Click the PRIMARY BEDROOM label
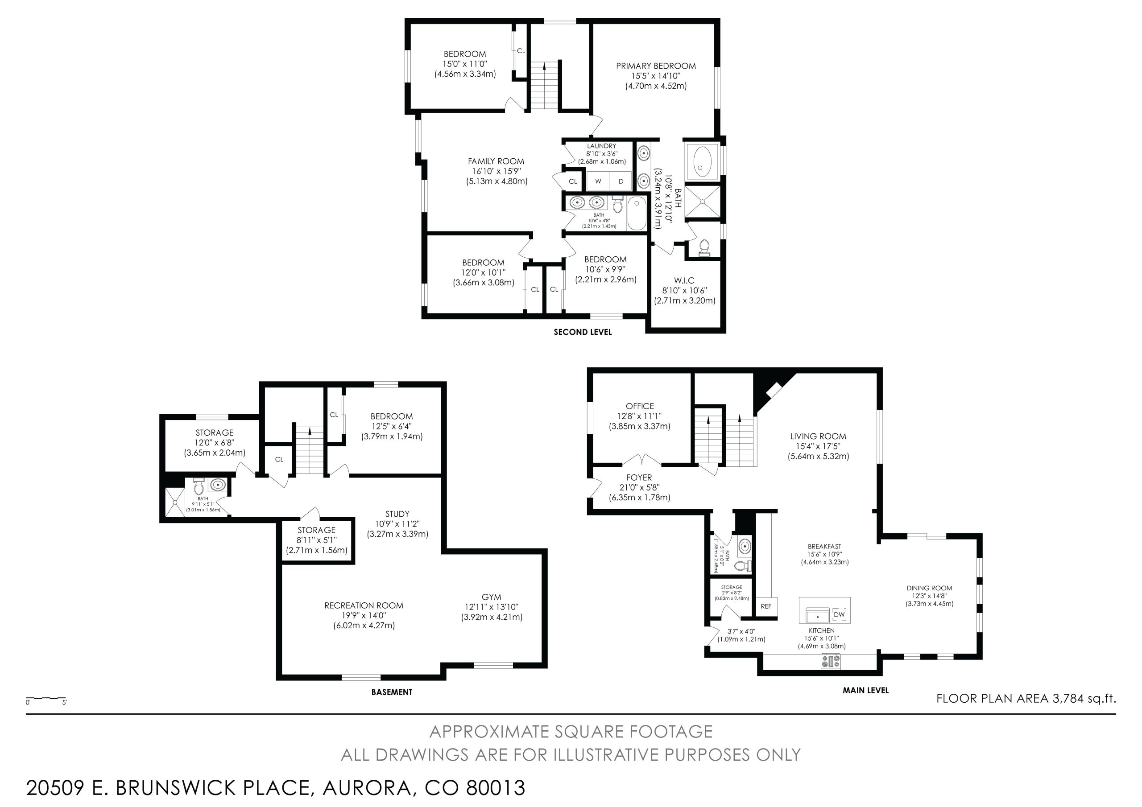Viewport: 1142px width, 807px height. [656, 66]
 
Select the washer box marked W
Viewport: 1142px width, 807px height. [598, 181]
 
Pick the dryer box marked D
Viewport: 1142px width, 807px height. [621, 181]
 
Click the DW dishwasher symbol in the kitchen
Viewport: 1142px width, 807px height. [839, 614]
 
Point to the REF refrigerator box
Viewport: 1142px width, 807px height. [766, 606]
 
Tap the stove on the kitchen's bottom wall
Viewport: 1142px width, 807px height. [831, 661]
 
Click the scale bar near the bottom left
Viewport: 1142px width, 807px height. [46, 699]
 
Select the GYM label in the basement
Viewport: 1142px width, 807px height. [492, 597]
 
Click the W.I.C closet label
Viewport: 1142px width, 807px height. [684, 280]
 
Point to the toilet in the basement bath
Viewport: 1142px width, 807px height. [199, 487]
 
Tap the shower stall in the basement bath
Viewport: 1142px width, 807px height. [175, 502]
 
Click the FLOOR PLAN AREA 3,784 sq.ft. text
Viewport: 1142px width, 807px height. [1026, 699]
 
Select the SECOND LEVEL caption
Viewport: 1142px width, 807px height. [583, 332]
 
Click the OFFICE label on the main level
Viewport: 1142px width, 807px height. [640, 406]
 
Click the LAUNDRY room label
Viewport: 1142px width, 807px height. [601, 146]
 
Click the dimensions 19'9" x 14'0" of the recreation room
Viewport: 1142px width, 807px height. [364, 616]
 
